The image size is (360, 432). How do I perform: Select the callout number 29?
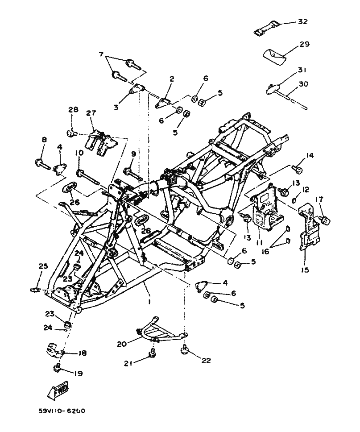[x=304, y=45]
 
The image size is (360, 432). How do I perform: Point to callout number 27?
[x=91, y=114]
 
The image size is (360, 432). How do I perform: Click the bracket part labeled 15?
[x=310, y=228]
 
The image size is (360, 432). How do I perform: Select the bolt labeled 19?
[x=57, y=368]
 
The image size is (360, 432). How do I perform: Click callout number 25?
[x=42, y=266]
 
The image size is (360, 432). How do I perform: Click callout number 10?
[x=79, y=153]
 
